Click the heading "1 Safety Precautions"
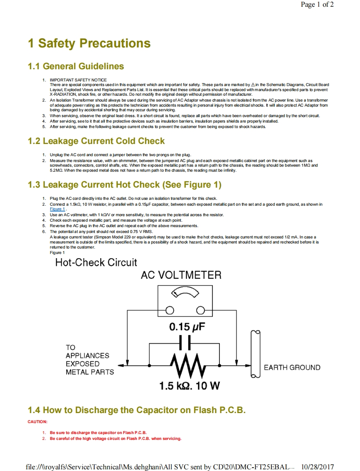pyautogui.click(x=89, y=43)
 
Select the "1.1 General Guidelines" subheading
pyautogui.click(x=76, y=66)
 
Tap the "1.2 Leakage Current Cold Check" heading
pyautogui.click(x=96, y=141)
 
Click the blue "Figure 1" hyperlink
pyautogui.click(x=57, y=209)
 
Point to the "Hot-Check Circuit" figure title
pyautogui.click(x=96, y=263)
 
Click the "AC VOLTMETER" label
pyautogui.click(x=181, y=275)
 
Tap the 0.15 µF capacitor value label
pyautogui.click(x=187, y=327)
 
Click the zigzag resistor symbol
pyautogui.click(x=185, y=366)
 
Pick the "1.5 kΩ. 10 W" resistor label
pyautogui.click(x=189, y=386)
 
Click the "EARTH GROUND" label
pyautogui.click(x=292, y=368)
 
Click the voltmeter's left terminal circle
pyautogui.click(x=170, y=311)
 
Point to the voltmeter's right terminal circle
pyautogui.click(x=201, y=311)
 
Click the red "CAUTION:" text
pyautogui.click(x=37, y=421)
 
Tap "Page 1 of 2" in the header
pyautogui.click(x=317, y=5)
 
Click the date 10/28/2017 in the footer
pyautogui.click(x=318, y=467)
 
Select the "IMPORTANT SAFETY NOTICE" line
pyautogui.click(x=78, y=80)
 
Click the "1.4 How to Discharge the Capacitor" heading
pyautogui.click(x=136, y=410)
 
